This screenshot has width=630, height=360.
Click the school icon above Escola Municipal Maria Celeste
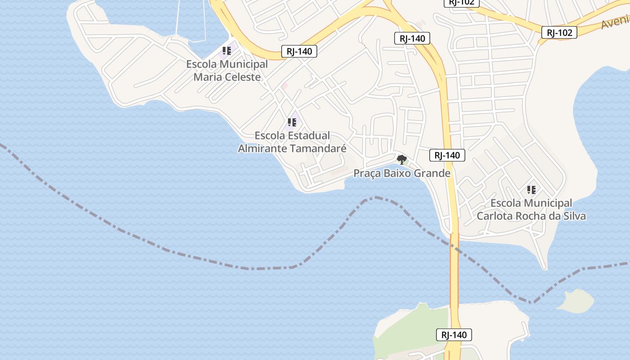point(227,51)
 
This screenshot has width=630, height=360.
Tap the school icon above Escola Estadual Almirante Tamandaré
point(292,122)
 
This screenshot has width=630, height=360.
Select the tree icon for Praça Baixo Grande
point(401,159)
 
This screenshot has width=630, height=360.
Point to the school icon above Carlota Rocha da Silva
point(531,190)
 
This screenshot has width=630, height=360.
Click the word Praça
point(367,173)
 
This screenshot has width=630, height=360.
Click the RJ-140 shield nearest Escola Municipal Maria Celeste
point(299,51)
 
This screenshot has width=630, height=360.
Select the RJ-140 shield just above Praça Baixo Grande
point(447,156)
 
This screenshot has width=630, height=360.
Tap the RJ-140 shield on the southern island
point(454,335)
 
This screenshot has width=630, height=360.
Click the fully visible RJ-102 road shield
point(559,32)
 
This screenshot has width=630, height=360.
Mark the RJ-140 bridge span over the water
point(454,270)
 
